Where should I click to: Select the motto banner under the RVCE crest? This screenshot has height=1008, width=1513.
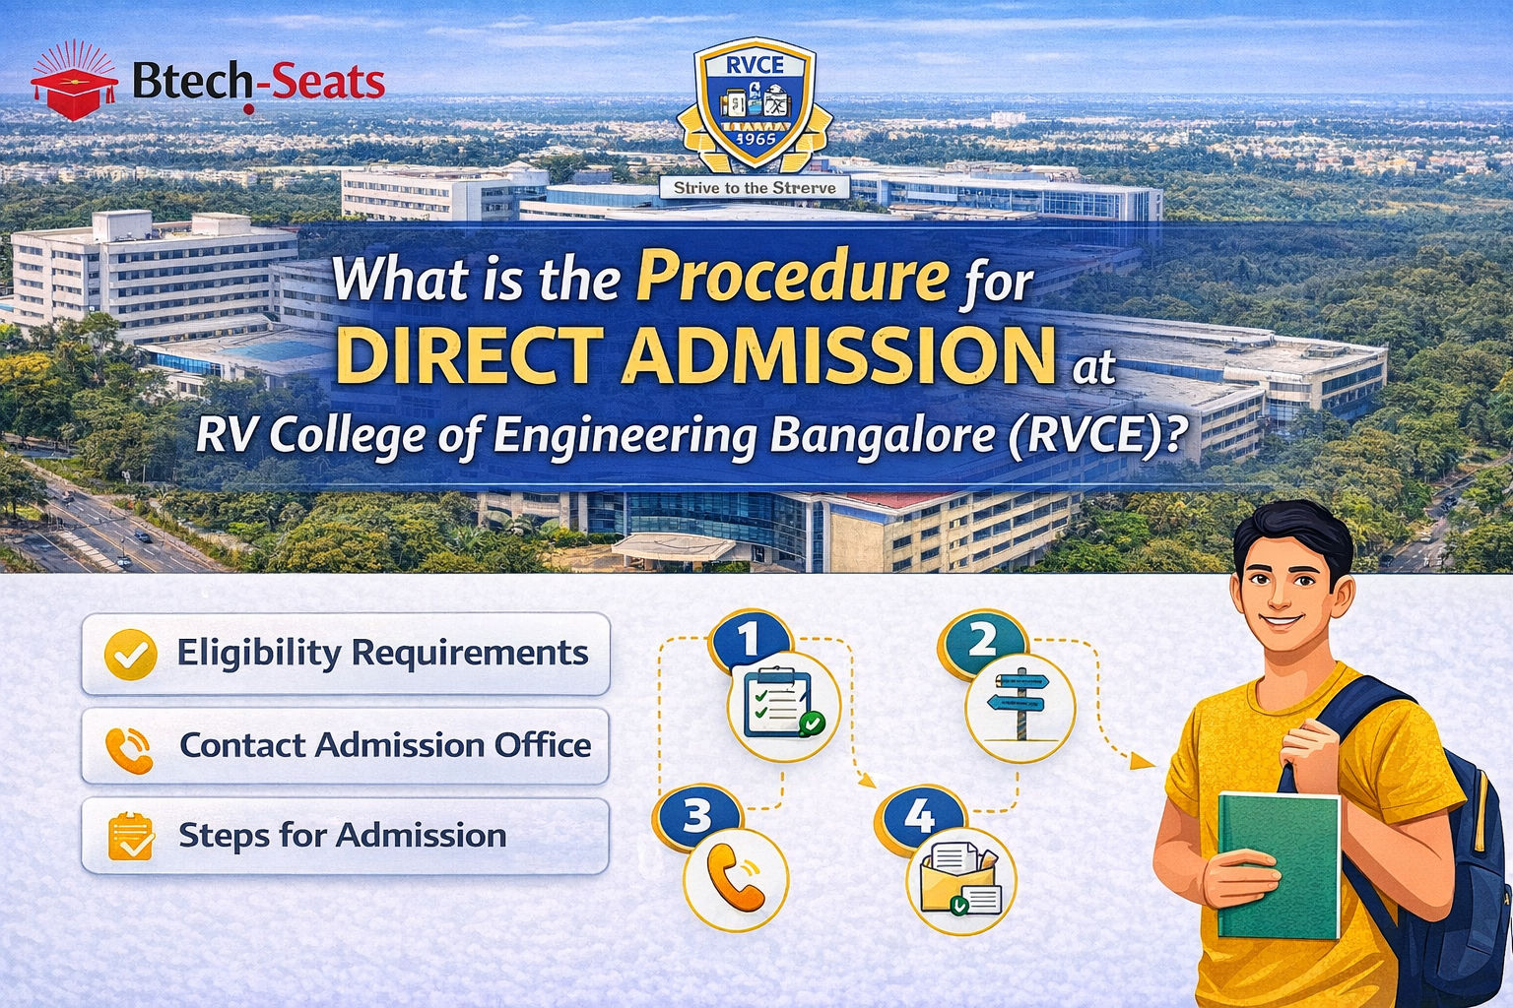point(755,187)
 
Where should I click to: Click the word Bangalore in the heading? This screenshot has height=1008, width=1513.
point(883,436)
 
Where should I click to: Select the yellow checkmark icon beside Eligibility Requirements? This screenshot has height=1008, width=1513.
point(130,654)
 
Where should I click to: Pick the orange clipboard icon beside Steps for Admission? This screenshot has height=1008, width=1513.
point(130,837)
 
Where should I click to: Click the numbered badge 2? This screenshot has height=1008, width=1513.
point(982,641)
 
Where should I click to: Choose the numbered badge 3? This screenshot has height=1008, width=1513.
point(697,816)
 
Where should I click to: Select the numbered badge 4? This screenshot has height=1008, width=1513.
point(920,816)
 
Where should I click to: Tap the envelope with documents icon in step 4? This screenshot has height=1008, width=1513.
point(960,879)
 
